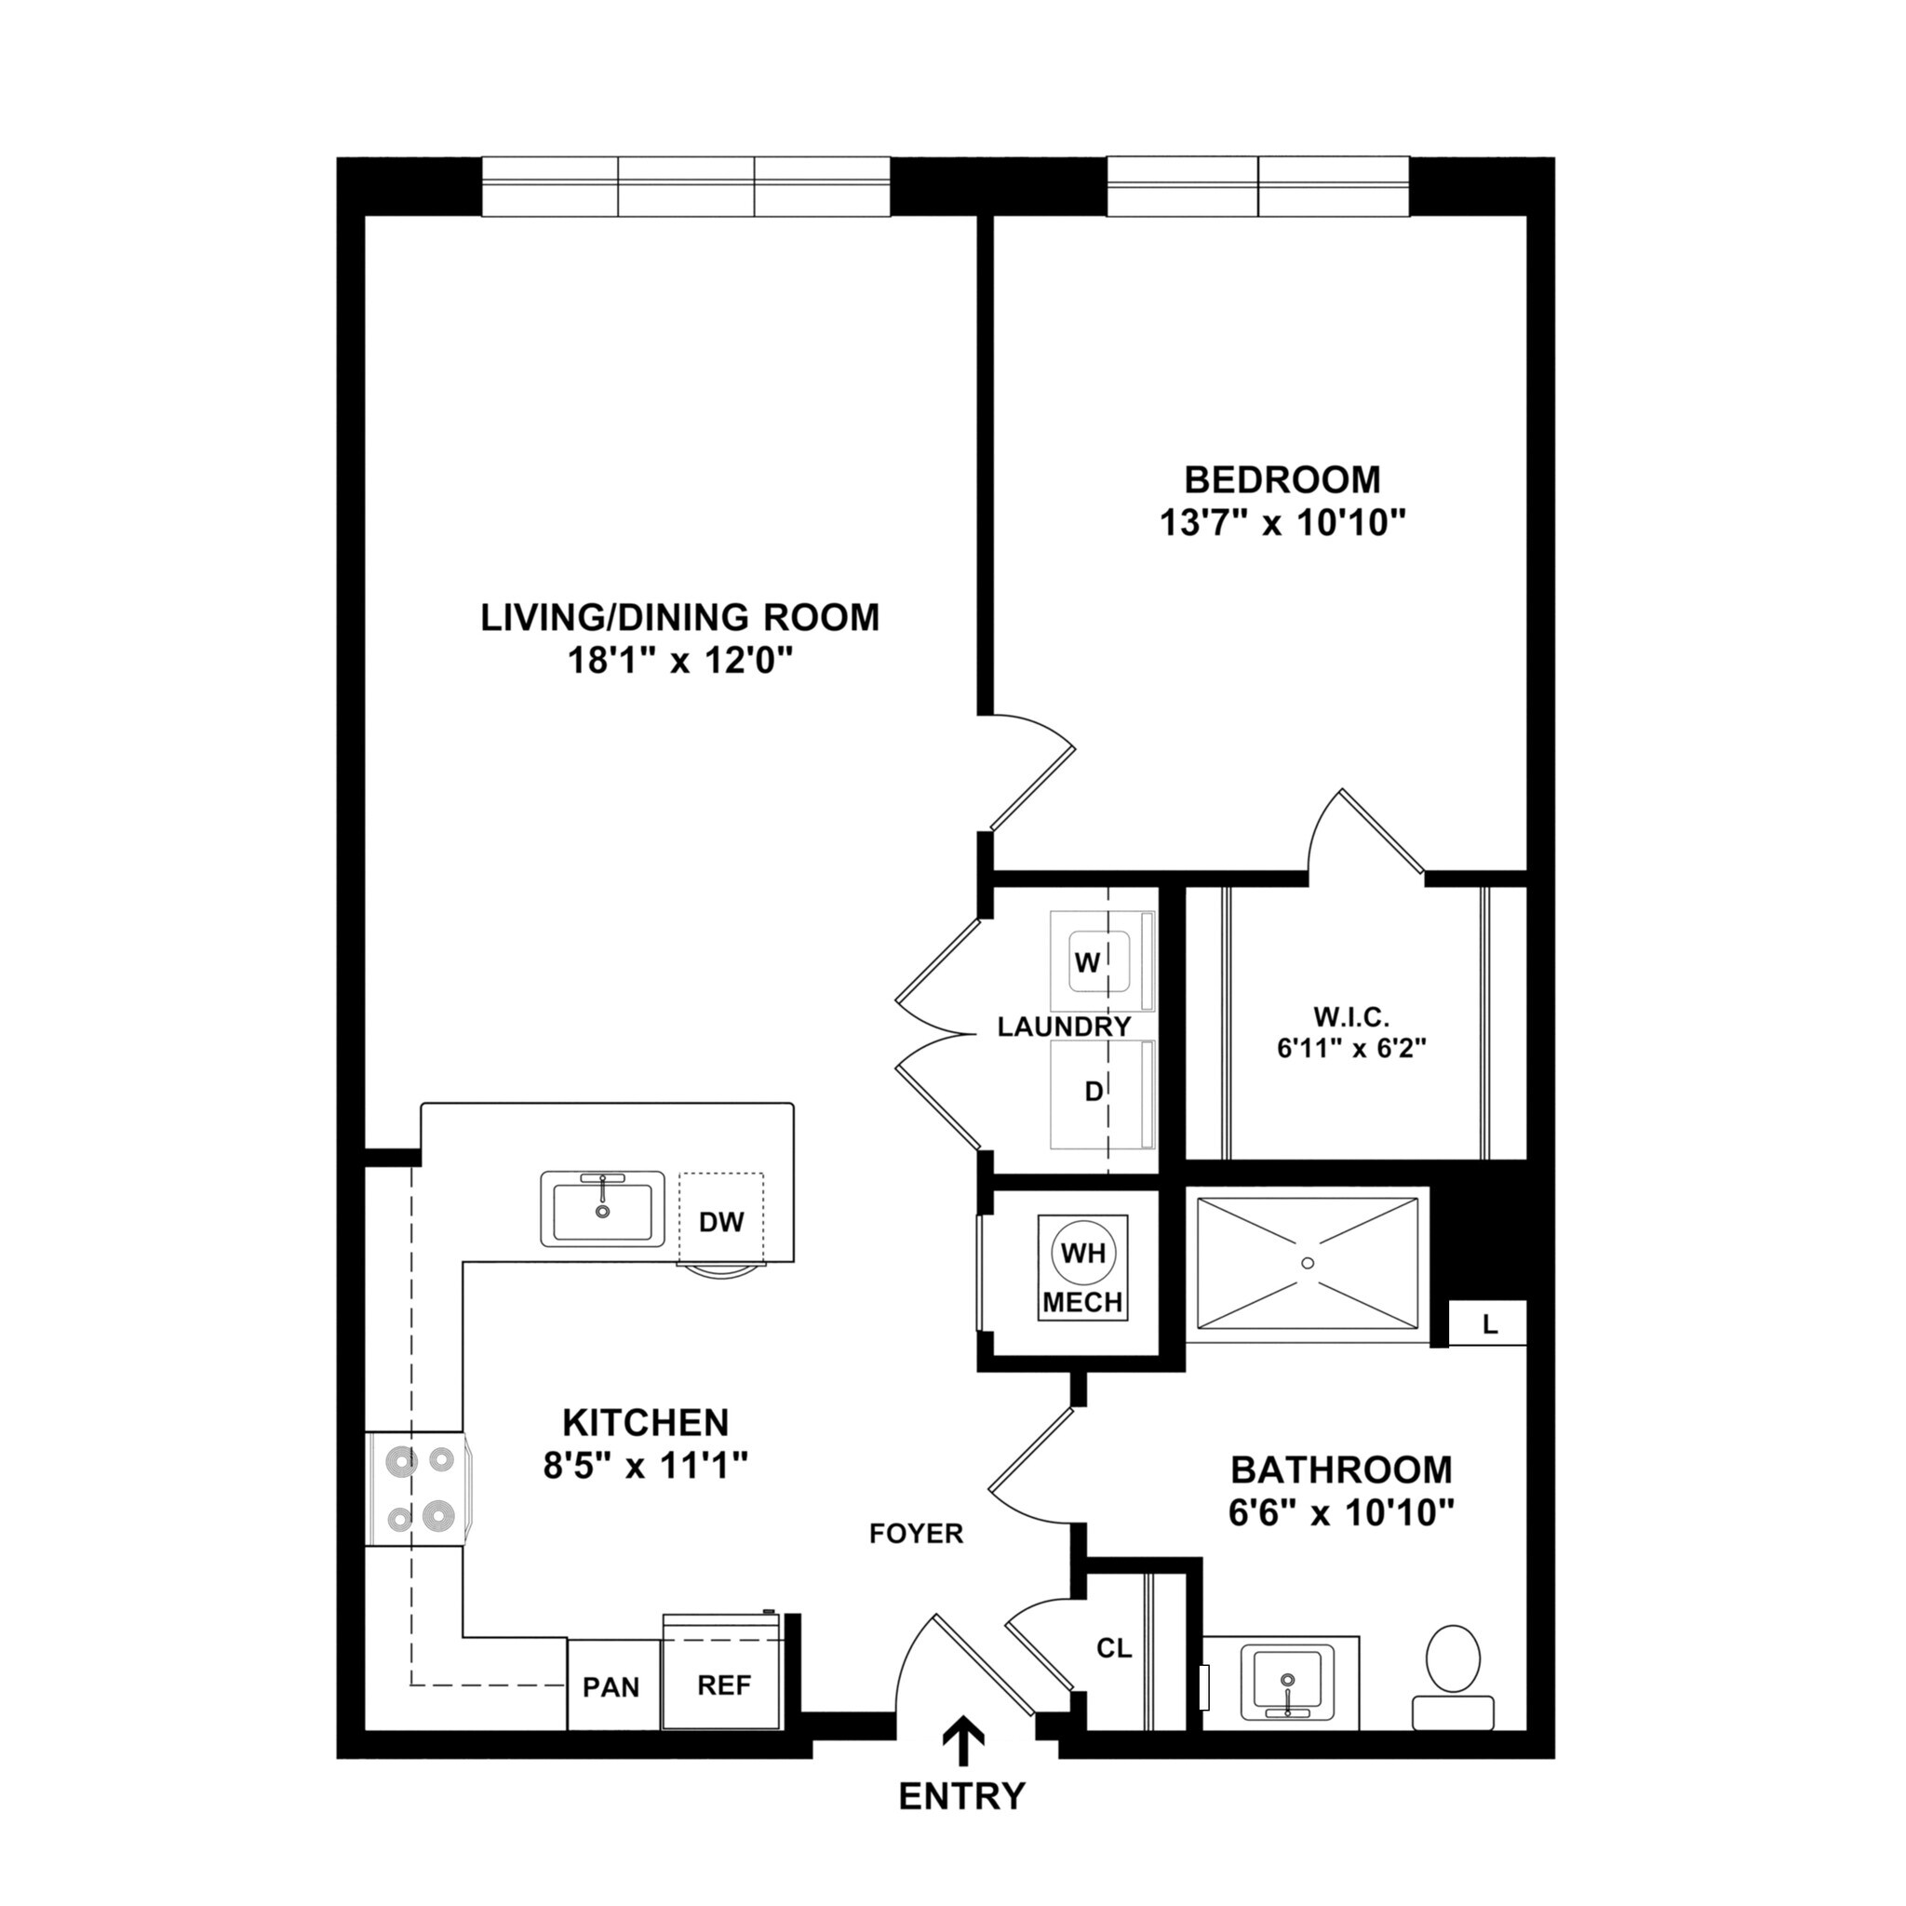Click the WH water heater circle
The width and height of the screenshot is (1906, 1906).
pyautogui.click(x=1082, y=1254)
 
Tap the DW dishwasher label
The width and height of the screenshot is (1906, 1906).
pyautogui.click(x=720, y=1222)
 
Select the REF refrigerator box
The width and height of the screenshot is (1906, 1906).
pyautogui.click(x=724, y=1685)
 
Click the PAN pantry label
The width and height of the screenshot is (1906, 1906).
pyautogui.click(x=611, y=1687)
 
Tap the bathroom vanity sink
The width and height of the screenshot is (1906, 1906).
pyautogui.click(x=1286, y=1683)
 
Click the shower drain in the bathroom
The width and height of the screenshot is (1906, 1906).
pyautogui.click(x=1309, y=1262)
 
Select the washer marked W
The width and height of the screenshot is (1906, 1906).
pyautogui.click(x=1088, y=963)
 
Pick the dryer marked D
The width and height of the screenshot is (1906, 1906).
pyautogui.click(x=1094, y=1092)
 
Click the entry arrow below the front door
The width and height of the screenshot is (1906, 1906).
pyautogui.click(x=963, y=1742)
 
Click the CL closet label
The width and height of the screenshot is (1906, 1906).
pyautogui.click(x=1114, y=1647)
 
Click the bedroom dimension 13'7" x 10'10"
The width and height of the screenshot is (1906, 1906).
pyautogui.click(x=1282, y=522)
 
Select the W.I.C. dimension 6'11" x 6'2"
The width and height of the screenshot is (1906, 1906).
pyautogui.click(x=1351, y=1048)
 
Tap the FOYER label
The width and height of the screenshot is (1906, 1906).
pyautogui.click(x=916, y=1533)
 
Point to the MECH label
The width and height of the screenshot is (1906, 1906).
pyautogui.click(x=1082, y=1302)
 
